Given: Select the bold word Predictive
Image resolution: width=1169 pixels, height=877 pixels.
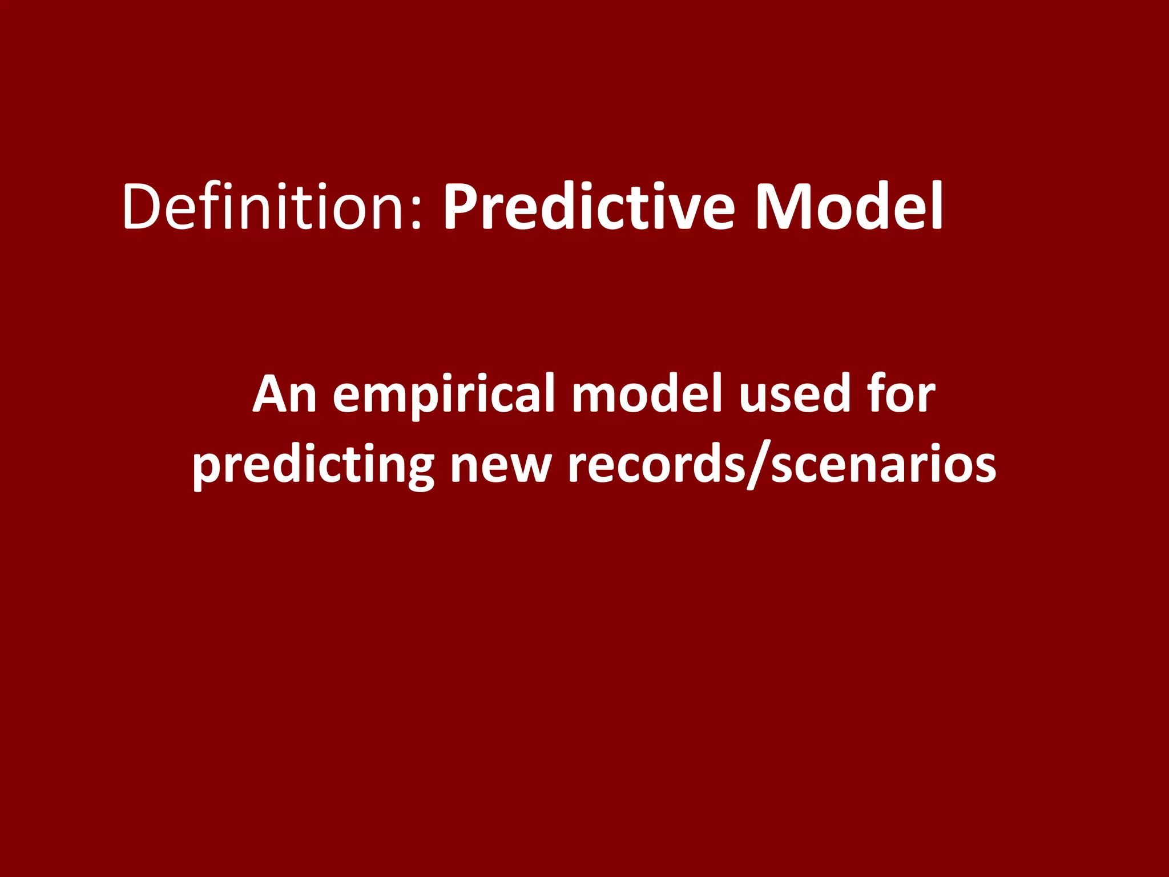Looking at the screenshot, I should pos(588,207).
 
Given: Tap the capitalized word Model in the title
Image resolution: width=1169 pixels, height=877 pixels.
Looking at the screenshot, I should pos(849,207).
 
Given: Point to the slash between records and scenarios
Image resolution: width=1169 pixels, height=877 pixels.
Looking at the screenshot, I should pos(759,465).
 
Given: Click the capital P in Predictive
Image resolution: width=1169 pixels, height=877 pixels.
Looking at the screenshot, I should pos(460,207).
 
